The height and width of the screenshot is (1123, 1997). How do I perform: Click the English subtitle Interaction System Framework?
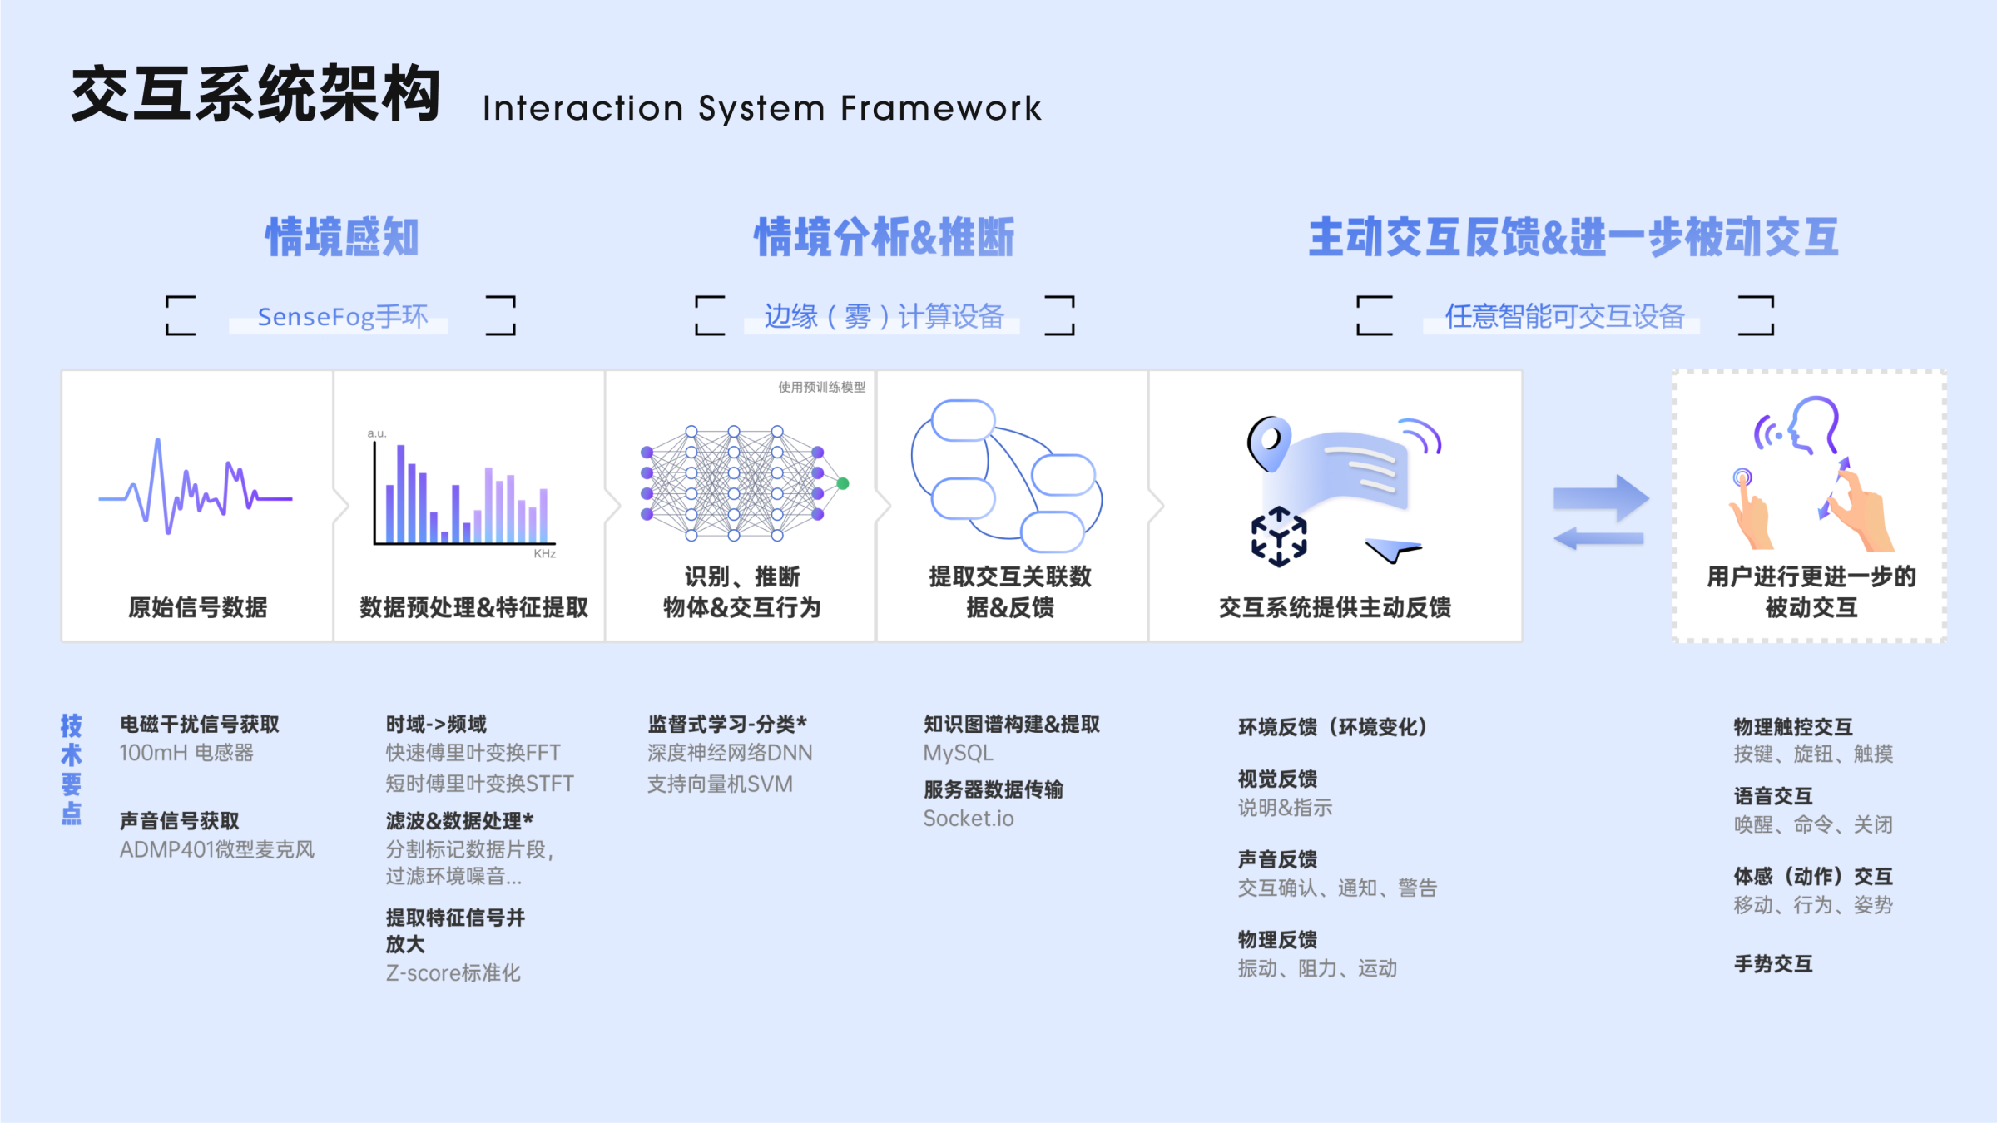pyautogui.click(x=761, y=109)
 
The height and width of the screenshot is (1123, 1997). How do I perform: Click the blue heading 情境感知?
pyautogui.click(x=342, y=237)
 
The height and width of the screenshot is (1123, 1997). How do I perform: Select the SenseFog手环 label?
pyautogui.click(x=342, y=317)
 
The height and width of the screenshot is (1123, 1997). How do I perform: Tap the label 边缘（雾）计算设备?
pyautogui.click(x=884, y=317)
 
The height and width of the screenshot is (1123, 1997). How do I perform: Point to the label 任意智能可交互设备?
pyautogui.click(x=1564, y=317)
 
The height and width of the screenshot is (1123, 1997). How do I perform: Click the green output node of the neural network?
pyautogui.click(x=843, y=483)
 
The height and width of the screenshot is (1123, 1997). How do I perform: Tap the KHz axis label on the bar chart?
pyautogui.click(x=545, y=554)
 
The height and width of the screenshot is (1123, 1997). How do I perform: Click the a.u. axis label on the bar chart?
pyautogui.click(x=377, y=433)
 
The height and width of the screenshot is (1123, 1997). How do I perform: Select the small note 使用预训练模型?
pyautogui.click(x=821, y=387)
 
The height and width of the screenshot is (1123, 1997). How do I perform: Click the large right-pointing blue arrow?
pyautogui.click(x=1601, y=497)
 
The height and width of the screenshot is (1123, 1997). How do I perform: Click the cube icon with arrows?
pyautogui.click(x=1279, y=537)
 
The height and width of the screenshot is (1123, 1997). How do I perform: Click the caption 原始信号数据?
pyautogui.click(x=198, y=607)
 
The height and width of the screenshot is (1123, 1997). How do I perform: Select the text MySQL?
pyautogui.click(x=958, y=753)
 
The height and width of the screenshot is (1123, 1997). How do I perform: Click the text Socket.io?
pyautogui.click(x=969, y=819)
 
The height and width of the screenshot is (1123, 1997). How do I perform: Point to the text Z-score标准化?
pyautogui.click(x=453, y=972)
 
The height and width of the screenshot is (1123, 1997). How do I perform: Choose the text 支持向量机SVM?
pyautogui.click(x=720, y=784)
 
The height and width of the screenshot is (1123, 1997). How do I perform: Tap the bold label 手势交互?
pyautogui.click(x=1773, y=964)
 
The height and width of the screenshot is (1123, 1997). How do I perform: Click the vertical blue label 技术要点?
pyautogui.click(x=72, y=769)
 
